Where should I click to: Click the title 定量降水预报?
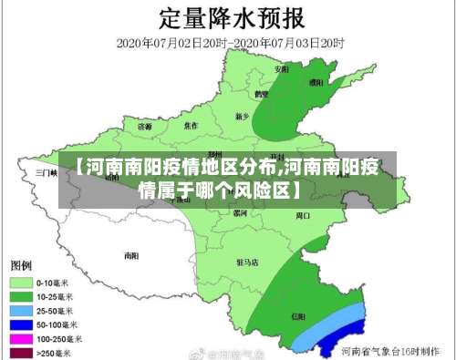click(x=229, y=18)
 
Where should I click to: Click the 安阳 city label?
click(x=282, y=69)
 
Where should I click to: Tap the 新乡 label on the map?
click(x=242, y=117)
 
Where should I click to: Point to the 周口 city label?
click(x=303, y=216)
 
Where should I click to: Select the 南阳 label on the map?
click(x=132, y=255)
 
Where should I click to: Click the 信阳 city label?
click(x=298, y=315)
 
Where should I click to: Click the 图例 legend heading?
click(x=23, y=265)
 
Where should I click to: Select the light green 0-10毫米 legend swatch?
click(x=22, y=283)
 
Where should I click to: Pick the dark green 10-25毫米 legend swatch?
click(x=22, y=296)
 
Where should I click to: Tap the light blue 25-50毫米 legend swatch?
click(x=22, y=310)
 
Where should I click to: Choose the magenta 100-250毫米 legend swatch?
click(x=22, y=337)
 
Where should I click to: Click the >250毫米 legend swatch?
click(x=22, y=351)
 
